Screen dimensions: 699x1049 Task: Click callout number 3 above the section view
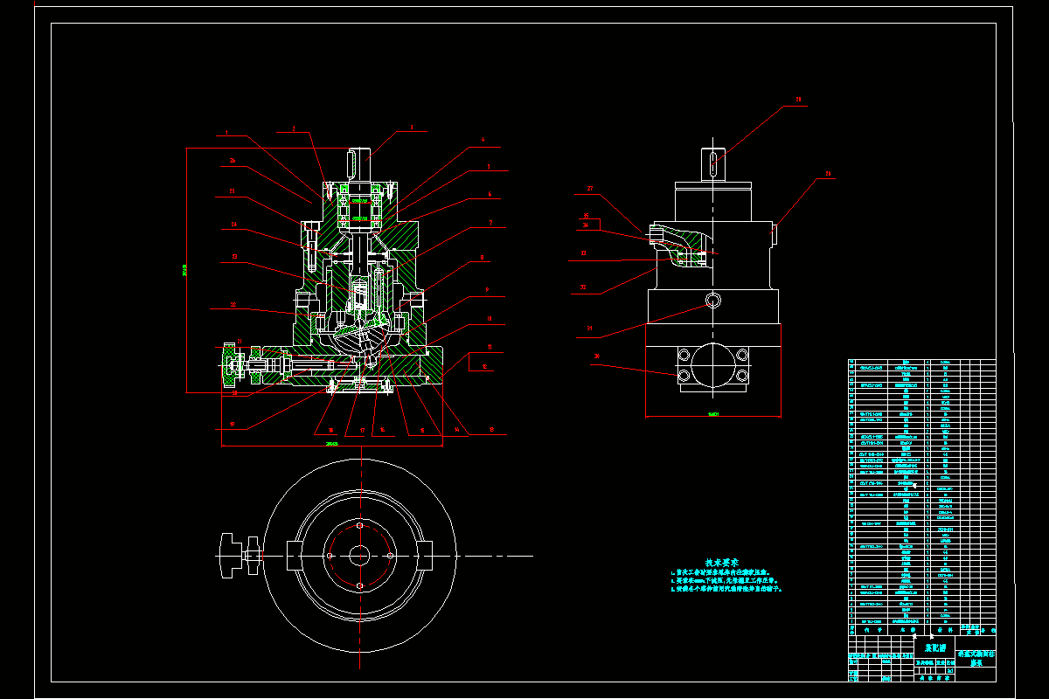coord(411,128)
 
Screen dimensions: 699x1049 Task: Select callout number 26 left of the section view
coord(233,161)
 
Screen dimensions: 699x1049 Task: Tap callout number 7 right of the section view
coord(491,223)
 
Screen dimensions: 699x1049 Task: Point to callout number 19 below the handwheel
coord(234,393)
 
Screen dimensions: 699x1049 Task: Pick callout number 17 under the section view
coord(361,430)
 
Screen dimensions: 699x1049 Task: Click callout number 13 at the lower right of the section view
coord(492,429)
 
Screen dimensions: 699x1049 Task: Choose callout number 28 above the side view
coord(797,100)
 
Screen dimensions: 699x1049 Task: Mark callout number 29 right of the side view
coord(828,174)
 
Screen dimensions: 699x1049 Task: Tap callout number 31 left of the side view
coord(584,287)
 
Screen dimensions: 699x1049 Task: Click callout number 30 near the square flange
coord(596,356)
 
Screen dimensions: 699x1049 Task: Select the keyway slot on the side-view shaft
coord(713,164)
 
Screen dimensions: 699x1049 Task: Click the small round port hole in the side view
coord(713,301)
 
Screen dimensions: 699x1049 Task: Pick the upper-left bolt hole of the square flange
coord(683,355)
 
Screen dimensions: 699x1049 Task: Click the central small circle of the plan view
coord(359,555)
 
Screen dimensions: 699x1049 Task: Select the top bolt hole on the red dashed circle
coord(359,526)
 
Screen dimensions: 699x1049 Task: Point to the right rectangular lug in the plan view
coord(424,555)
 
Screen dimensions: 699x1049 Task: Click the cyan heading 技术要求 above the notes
coord(723,562)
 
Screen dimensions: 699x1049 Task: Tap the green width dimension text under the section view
coord(331,443)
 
